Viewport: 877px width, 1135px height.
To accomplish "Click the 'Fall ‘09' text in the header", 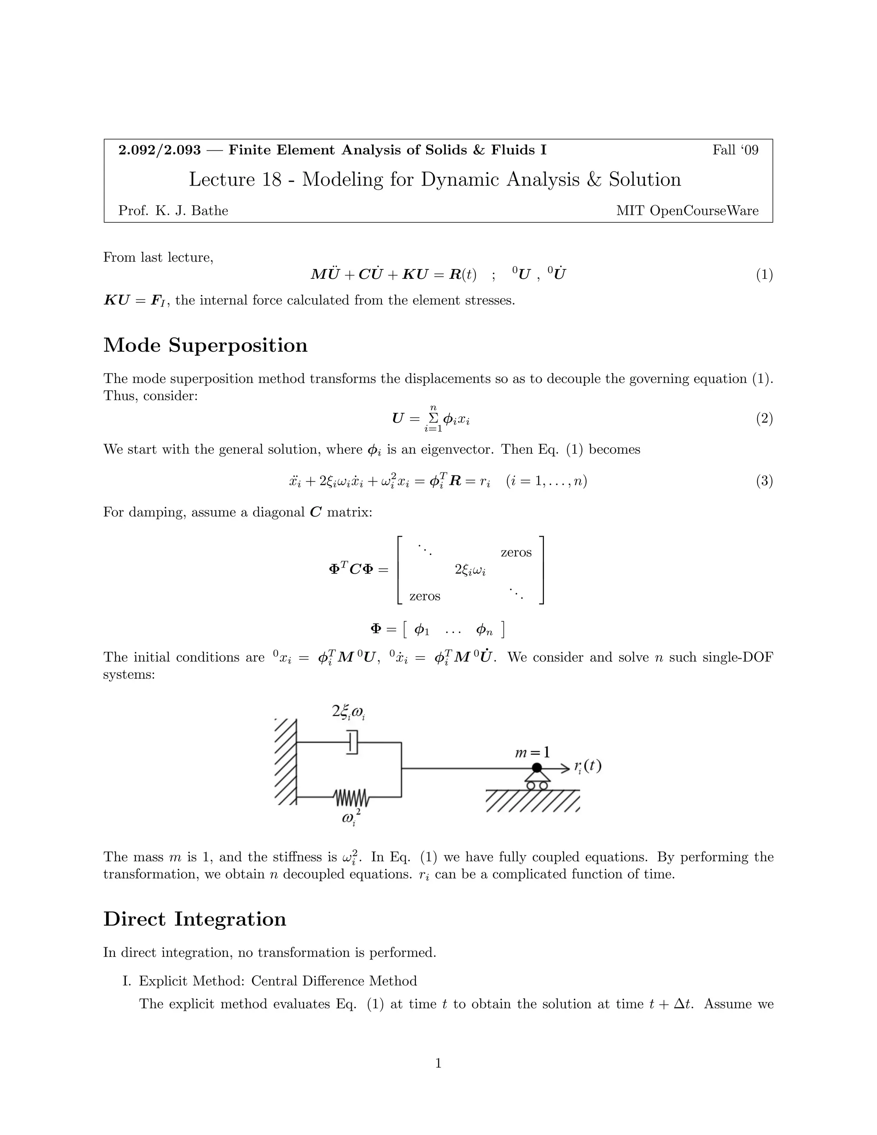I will tap(735, 151).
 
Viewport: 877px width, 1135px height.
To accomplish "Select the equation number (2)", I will tap(764, 418).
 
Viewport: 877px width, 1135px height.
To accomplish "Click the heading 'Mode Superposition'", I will tap(205, 346).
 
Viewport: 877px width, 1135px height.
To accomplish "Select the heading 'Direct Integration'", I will tap(195, 919).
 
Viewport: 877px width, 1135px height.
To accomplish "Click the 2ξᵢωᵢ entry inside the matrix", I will tap(470, 570).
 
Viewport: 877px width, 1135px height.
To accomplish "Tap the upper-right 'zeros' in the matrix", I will tap(516, 553).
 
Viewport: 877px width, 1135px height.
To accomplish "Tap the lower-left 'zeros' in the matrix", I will tap(424, 596).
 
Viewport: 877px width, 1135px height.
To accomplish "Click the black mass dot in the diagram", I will tap(537, 768).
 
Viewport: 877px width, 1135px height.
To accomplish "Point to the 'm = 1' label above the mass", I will tap(532, 752).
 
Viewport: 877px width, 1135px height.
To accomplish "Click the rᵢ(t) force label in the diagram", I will tap(588, 767).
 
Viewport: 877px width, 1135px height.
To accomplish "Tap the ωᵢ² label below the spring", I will tap(351, 818).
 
